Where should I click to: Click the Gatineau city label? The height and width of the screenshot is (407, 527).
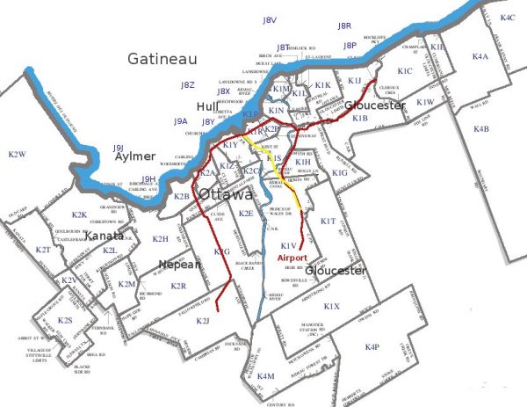pos(162,60)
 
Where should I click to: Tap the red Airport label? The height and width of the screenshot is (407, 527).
pos(293,258)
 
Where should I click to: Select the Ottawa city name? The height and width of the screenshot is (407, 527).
pos(227,193)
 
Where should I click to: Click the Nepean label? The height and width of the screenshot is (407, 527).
pos(179,264)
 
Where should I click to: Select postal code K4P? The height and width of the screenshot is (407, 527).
pos(372,347)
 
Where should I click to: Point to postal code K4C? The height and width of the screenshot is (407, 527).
pos(507,18)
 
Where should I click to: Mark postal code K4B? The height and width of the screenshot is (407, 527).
pos(481,129)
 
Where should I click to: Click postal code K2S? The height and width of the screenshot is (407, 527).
pos(64,321)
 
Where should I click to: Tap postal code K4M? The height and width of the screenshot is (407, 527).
pos(266,376)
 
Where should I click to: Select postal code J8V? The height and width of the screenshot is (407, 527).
pos(271,19)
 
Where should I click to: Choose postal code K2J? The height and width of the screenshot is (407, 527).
pos(203,321)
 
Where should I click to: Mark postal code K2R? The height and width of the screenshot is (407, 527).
pos(178,286)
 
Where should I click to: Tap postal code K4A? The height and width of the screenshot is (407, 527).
pos(480,56)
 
